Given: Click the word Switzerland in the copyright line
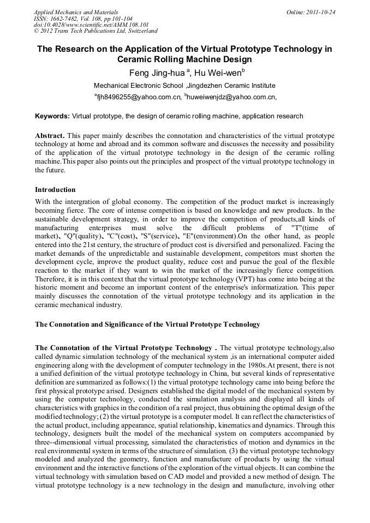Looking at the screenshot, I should [x=137, y=32].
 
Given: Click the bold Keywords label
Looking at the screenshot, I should [x=52, y=116].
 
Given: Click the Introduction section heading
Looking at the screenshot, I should [x=55, y=190].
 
